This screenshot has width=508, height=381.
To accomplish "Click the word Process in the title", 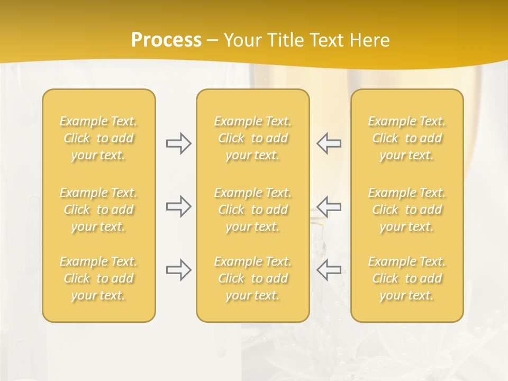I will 166,40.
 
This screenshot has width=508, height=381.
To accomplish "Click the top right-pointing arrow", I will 179,143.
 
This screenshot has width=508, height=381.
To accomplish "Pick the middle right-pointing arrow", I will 179,206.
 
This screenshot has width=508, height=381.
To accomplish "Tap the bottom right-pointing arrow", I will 179,270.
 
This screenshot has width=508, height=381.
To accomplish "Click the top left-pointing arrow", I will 329,143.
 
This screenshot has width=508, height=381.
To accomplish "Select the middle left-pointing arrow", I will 329,206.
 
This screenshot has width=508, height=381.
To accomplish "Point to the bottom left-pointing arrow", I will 329,270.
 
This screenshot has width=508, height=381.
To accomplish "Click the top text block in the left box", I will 98,138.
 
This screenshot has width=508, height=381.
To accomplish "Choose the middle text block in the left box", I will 98,210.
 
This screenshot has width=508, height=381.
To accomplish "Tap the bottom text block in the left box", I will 98,278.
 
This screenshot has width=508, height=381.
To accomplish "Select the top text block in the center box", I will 253,138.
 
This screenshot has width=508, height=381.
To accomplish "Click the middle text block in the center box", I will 253,210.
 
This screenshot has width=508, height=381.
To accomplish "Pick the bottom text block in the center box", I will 253,278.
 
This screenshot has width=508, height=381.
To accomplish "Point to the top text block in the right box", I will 407,138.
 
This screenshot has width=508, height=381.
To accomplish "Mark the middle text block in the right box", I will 407,210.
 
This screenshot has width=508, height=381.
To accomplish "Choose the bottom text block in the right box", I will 407,278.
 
